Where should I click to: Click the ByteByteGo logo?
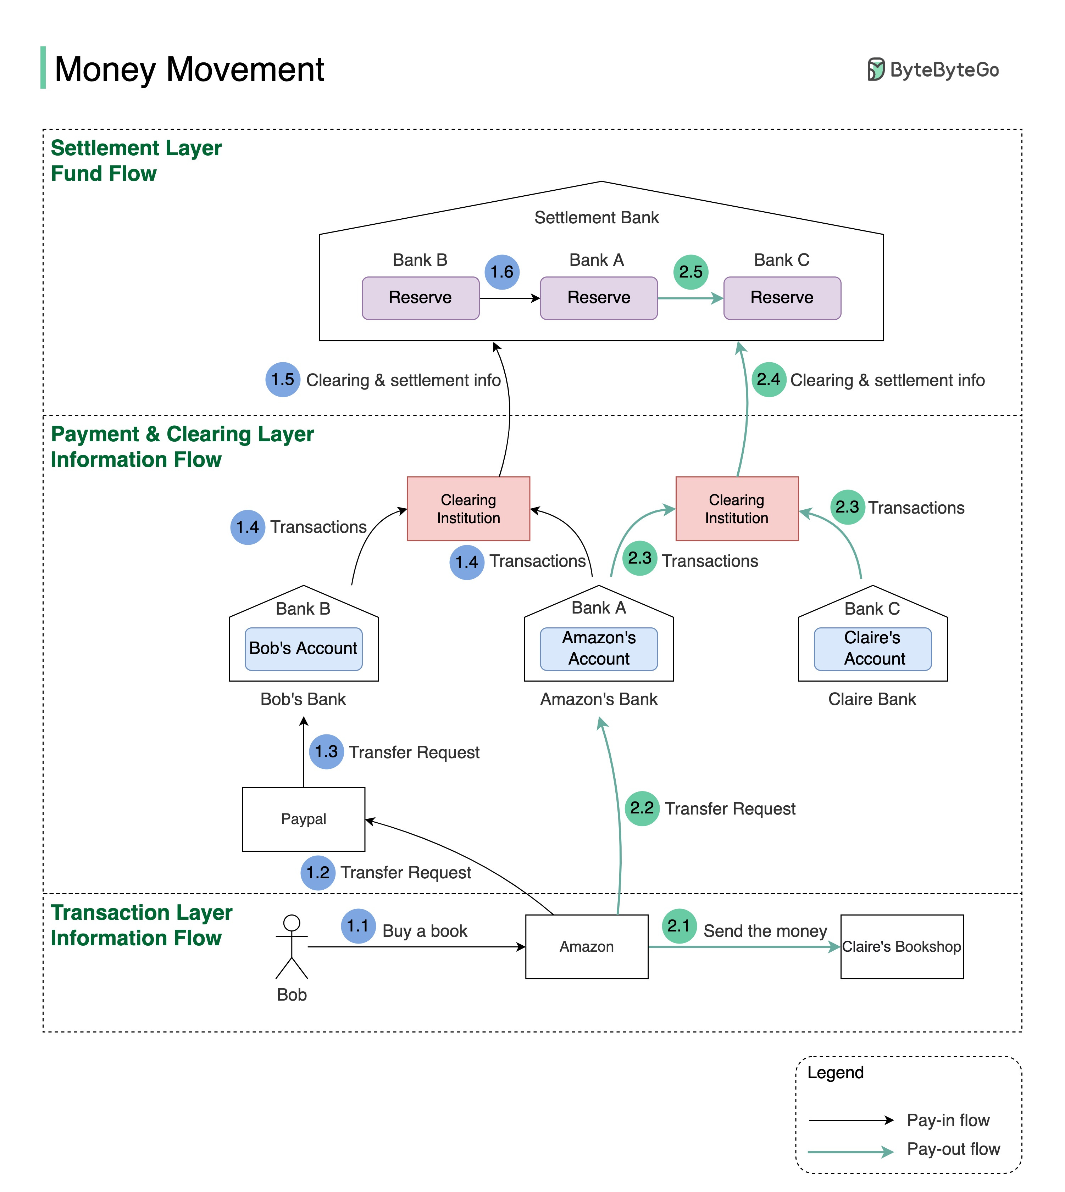pos(933,69)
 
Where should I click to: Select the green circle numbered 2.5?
pos(690,272)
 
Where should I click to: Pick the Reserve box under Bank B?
pos(420,298)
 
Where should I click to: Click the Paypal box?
pos(303,819)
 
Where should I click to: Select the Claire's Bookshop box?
pos(901,946)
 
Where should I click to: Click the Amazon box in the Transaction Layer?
pos(586,946)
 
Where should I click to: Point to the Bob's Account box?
pos(303,649)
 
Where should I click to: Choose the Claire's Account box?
pos(872,649)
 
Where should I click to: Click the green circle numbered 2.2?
pos(642,808)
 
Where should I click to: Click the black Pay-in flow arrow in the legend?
pos(852,1120)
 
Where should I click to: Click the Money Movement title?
pos(189,69)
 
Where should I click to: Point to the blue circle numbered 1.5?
pos(283,380)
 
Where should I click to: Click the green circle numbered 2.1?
pos(679,926)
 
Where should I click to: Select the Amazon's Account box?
pos(599,649)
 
